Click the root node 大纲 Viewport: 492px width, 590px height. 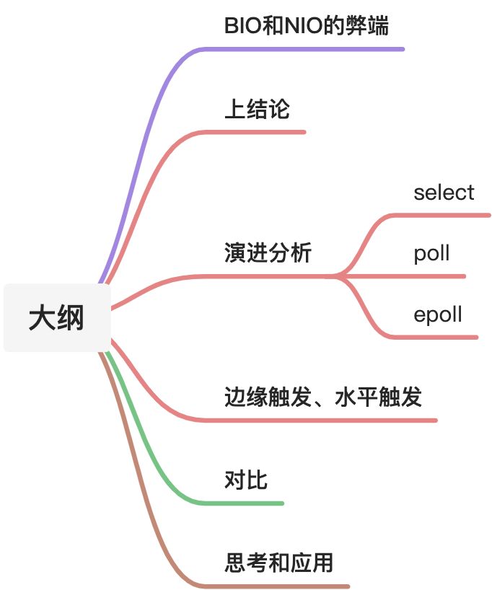point(57,318)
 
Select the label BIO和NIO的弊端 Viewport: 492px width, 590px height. point(307,27)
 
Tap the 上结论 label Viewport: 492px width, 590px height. point(257,110)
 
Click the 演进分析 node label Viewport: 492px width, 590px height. point(268,253)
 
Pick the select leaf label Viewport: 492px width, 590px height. point(444,193)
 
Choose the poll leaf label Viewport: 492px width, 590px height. point(431,253)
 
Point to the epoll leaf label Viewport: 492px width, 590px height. point(437,314)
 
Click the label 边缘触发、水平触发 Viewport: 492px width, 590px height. point(322,397)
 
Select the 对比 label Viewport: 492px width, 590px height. point(246,480)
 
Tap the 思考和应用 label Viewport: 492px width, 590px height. point(278,563)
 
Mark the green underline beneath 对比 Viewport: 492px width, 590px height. point(245,503)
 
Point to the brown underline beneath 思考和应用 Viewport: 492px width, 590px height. point(281,586)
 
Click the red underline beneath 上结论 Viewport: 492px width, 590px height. point(260,132)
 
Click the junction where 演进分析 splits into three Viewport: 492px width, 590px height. point(338,276)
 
